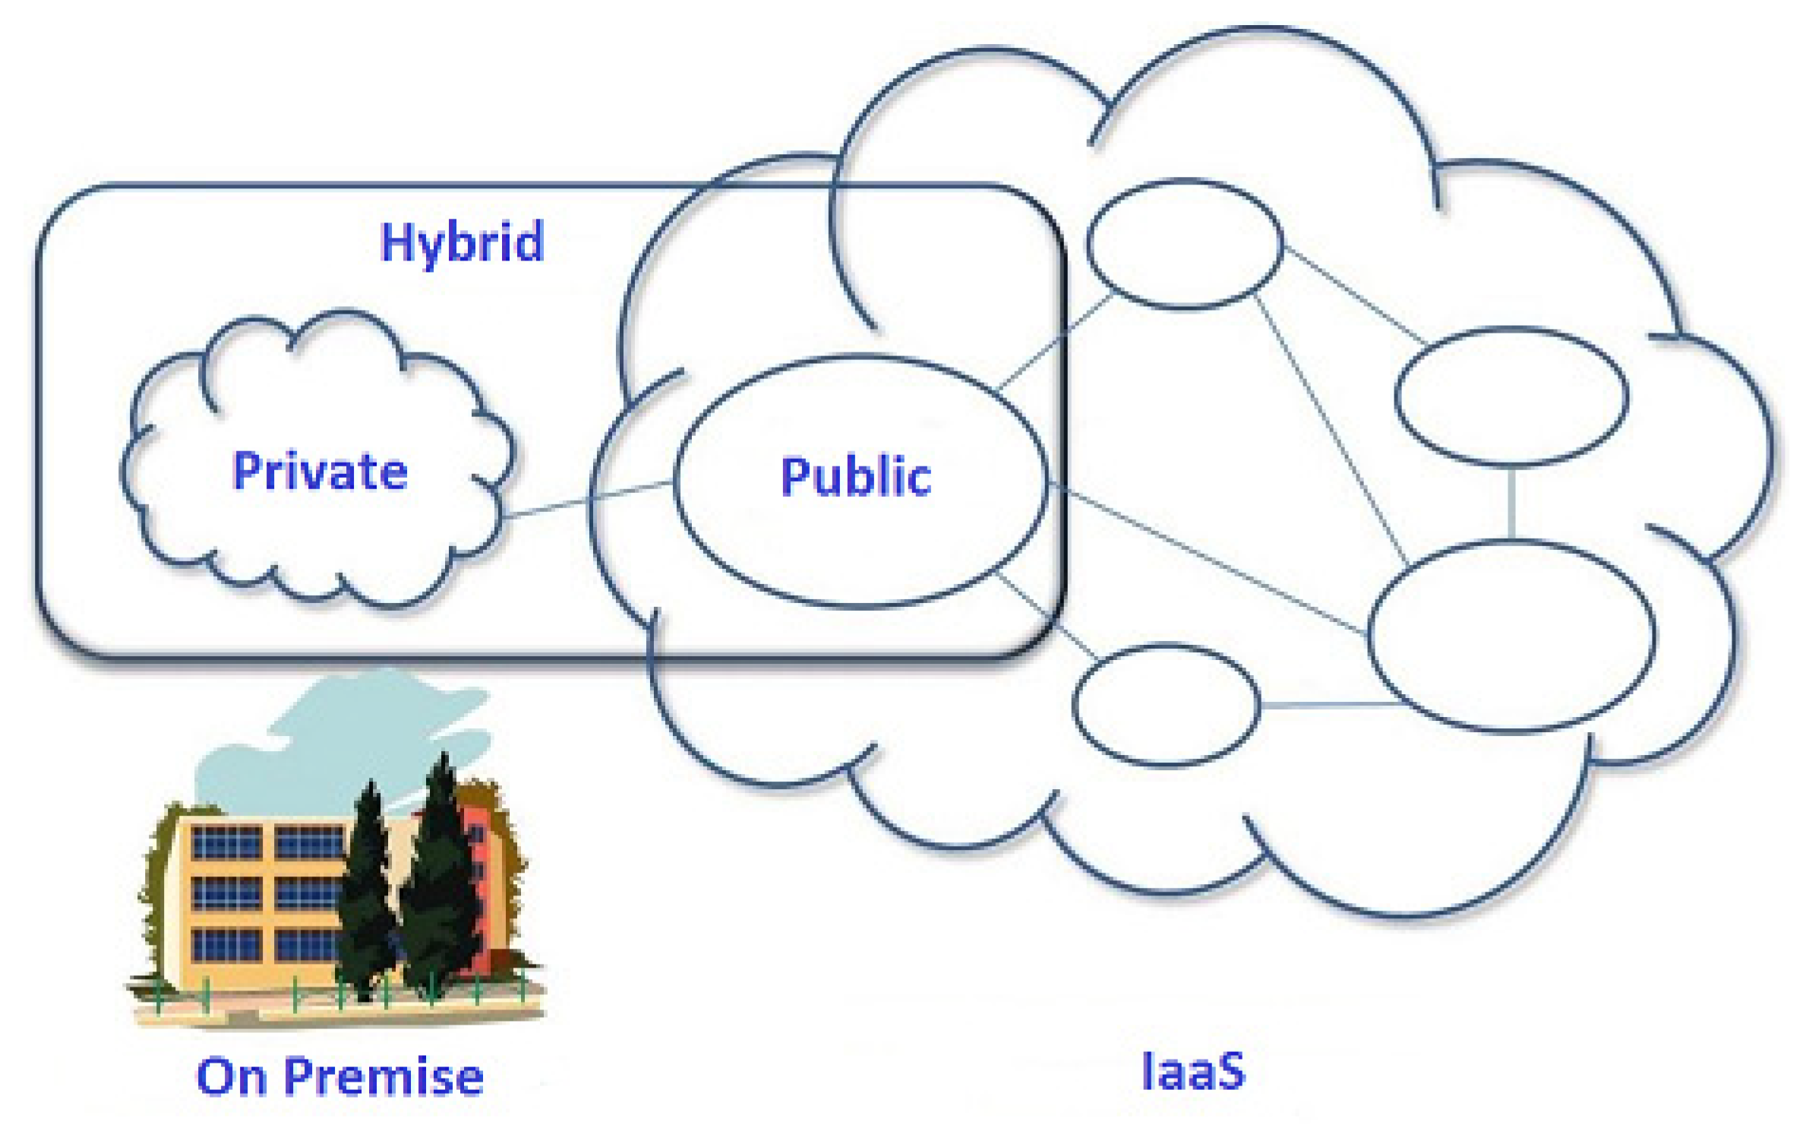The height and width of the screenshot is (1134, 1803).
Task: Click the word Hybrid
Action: pyautogui.click(x=462, y=242)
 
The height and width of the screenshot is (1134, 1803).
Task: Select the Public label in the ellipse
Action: pyautogui.click(x=856, y=477)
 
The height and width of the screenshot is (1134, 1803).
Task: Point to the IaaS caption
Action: pyautogui.click(x=1193, y=1072)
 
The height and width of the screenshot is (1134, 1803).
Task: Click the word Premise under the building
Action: pyautogui.click(x=384, y=1077)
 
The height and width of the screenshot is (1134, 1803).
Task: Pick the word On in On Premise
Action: pyautogui.click(x=231, y=1077)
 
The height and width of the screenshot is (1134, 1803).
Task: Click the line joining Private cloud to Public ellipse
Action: pyautogui.click(x=589, y=500)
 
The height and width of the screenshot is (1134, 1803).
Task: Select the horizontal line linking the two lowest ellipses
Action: pyautogui.click(x=1329, y=706)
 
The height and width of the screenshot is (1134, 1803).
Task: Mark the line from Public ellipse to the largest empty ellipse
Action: pyautogui.click(x=1208, y=558)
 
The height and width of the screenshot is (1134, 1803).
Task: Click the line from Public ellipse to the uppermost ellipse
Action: pyautogui.click(x=1056, y=342)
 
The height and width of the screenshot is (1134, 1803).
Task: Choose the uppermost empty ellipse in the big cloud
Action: pyautogui.click(x=1185, y=244)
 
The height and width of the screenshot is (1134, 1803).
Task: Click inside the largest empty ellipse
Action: pyautogui.click(x=1511, y=636)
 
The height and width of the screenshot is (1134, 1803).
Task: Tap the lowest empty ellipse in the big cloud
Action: pyautogui.click(x=1166, y=706)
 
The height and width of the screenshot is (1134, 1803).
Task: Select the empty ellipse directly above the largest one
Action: pyautogui.click(x=1511, y=396)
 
